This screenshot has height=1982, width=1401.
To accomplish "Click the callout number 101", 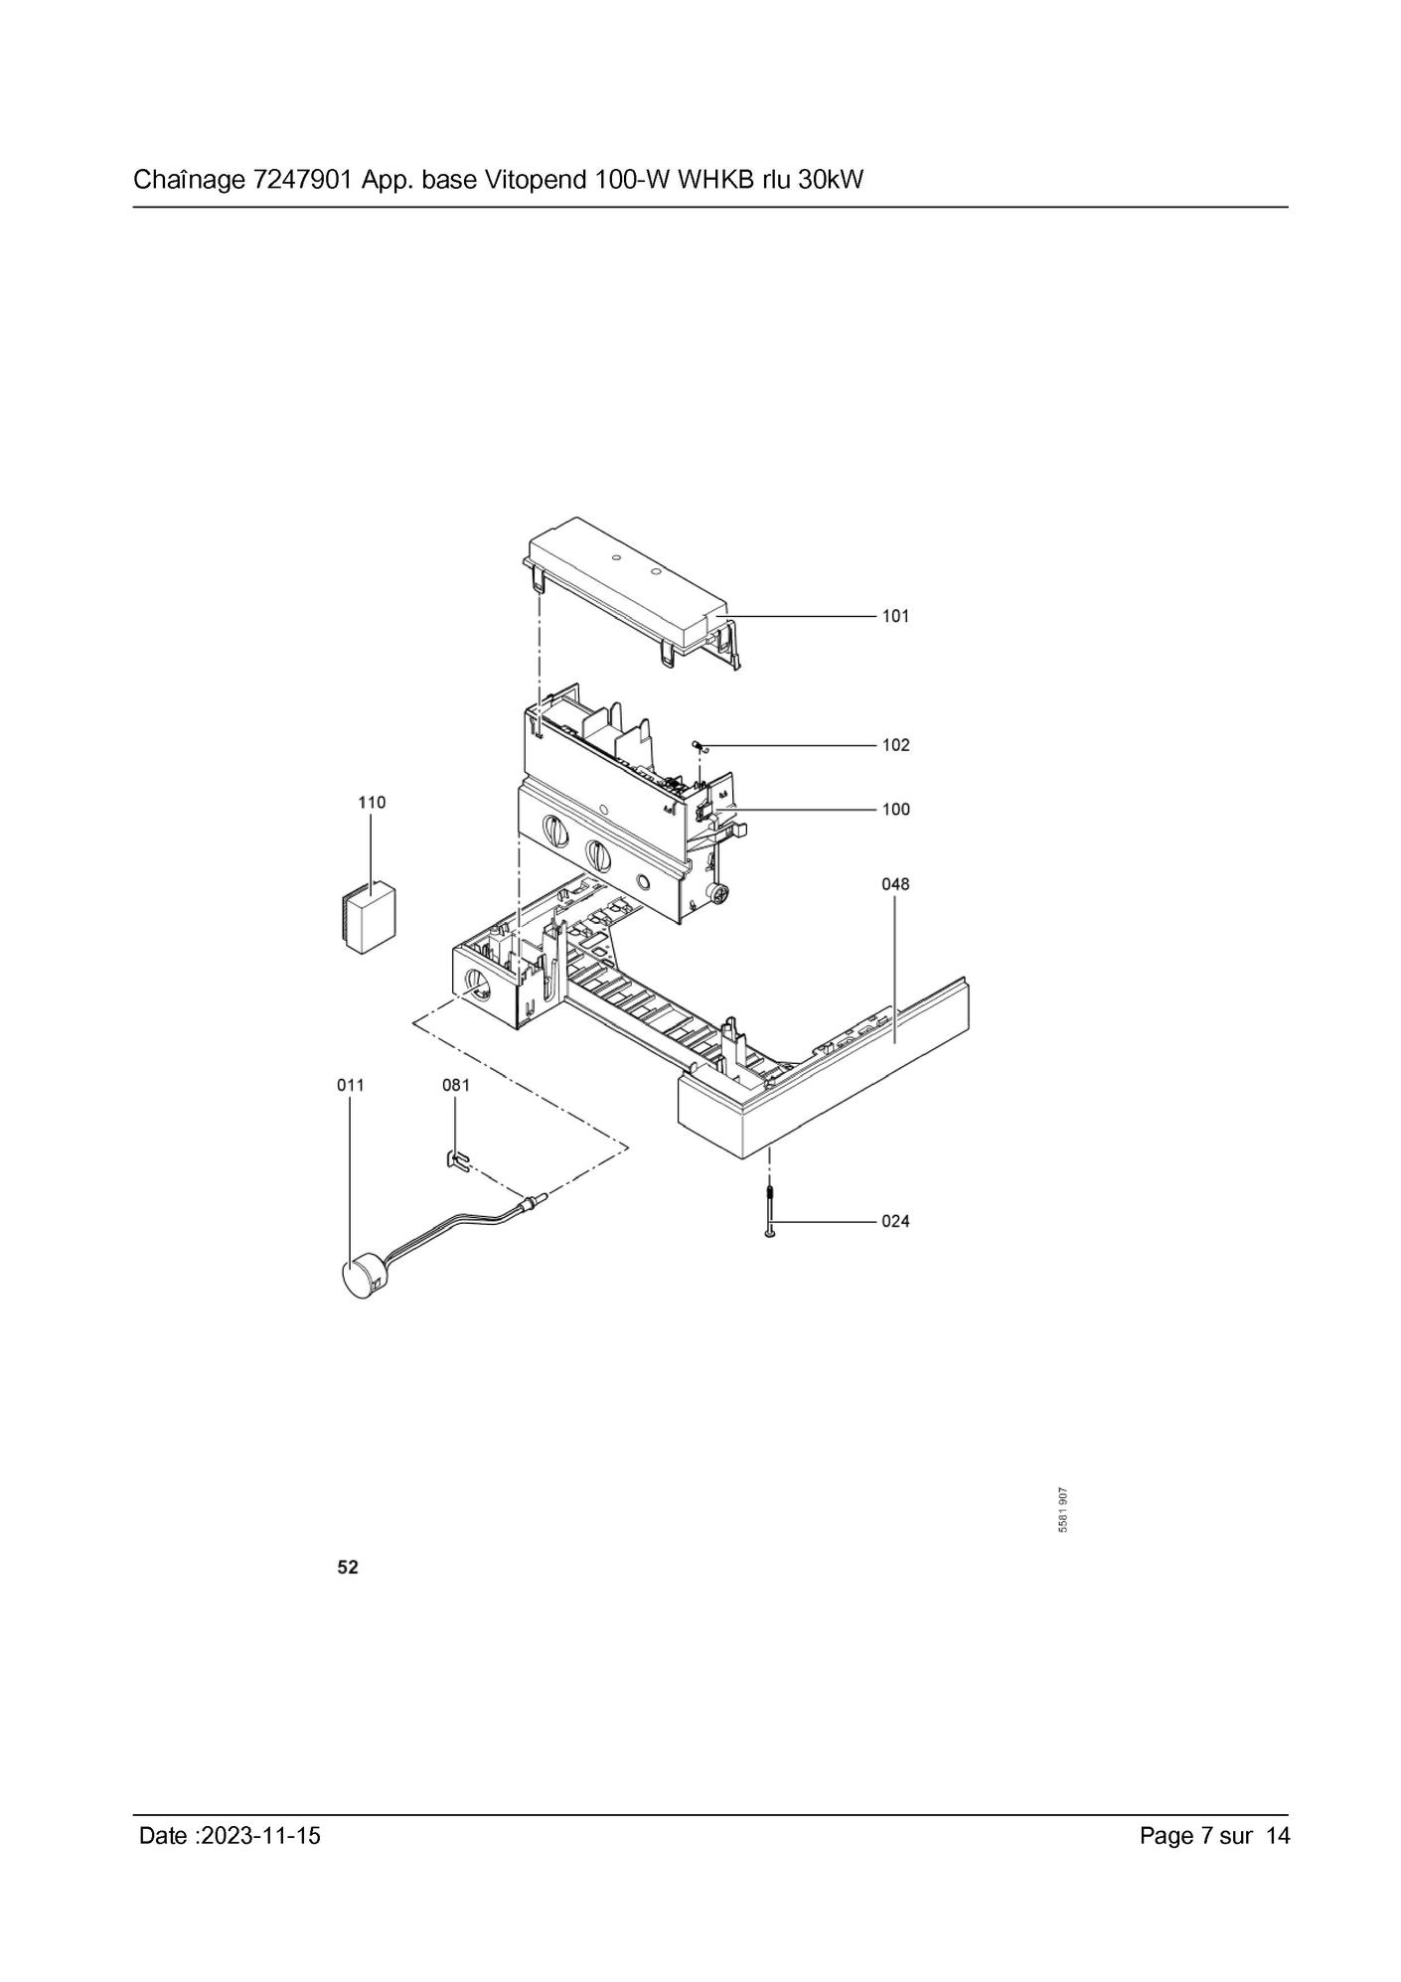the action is point(895,616).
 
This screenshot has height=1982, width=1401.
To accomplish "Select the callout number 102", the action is point(895,745).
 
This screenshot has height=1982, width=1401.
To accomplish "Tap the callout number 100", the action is point(895,810).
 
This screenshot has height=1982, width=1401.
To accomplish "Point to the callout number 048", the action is point(895,884).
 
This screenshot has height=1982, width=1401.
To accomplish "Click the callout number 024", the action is point(895,1221).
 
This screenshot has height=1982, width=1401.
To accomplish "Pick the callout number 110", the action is point(372,802).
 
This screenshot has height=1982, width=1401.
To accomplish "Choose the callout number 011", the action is point(350,1085).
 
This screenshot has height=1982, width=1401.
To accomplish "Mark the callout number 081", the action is point(455,1085).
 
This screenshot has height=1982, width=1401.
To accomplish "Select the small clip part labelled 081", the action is point(455,1158).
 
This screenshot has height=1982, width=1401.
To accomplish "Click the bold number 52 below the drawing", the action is point(348,1568).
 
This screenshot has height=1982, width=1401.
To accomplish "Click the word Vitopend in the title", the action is point(536,181).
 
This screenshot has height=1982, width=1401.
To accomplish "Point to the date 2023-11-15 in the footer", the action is point(260,1836).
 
